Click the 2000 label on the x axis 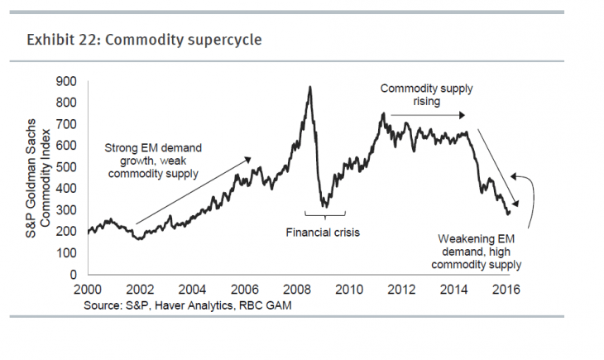(88, 290)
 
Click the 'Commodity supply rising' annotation (422, 94)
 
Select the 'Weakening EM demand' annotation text (480, 252)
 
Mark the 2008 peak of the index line (309, 87)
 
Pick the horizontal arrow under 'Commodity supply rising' (429, 115)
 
